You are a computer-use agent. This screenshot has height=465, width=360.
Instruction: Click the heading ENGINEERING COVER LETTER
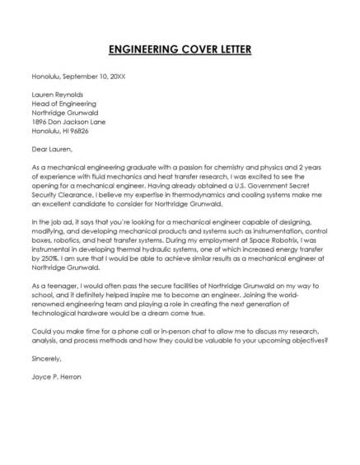(x=180, y=49)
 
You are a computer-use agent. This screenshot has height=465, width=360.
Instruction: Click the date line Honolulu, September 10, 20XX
(x=78, y=76)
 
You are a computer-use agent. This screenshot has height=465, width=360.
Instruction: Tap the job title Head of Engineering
(x=64, y=104)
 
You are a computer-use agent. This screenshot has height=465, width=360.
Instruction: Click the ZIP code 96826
(x=80, y=131)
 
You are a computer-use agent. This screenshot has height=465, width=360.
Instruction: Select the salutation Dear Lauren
(x=53, y=150)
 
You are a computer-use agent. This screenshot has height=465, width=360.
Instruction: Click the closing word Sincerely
(x=46, y=360)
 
